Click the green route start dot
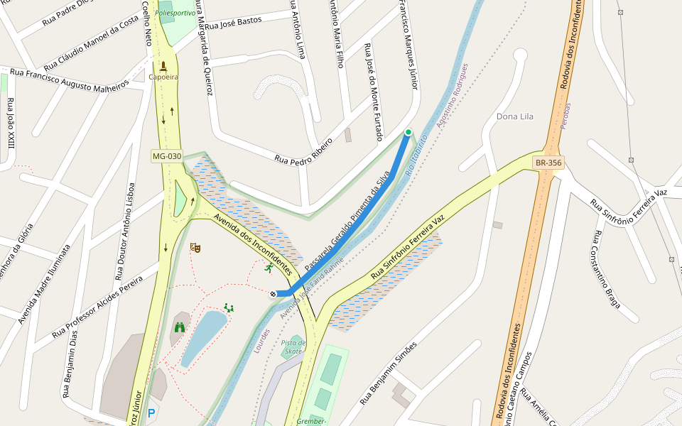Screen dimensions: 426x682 (408, 132)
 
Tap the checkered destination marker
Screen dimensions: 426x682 (273, 293)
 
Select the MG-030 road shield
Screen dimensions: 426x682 (167, 156)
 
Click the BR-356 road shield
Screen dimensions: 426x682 (548, 163)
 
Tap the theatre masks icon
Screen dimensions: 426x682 (195, 247)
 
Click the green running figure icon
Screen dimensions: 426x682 (269, 268)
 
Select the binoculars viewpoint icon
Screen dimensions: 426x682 (180, 327)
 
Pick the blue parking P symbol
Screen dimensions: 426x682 (151, 412)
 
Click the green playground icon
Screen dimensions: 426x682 (229, 307)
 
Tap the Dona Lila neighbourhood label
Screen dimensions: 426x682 (515, 116)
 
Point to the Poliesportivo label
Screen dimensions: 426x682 (175, 13)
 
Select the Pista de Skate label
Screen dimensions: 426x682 (293, 346)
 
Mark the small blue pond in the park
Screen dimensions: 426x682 (204, 337)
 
